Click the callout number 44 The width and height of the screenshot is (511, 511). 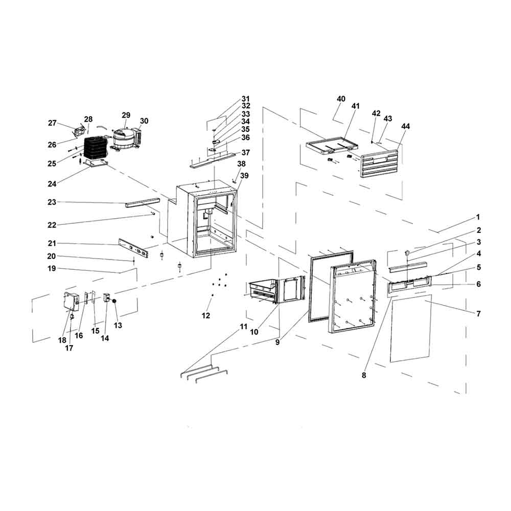pyautogui.click(x=405, y=126)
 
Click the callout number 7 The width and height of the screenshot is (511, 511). pyautogui.click(x=478, y=313)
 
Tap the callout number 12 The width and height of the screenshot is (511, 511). pyautogui.click(x=206, y=316)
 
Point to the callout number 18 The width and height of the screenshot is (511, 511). pyautogui.click(x=62, y=340)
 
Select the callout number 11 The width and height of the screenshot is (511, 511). pyautogui.click(x=243, y=326)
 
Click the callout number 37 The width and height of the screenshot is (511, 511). pyautogui.click(x=246, y=152)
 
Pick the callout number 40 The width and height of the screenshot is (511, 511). pyautogui.click(x=341, y=99)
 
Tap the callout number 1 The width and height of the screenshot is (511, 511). pyautogui.click(x=478, y=217)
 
